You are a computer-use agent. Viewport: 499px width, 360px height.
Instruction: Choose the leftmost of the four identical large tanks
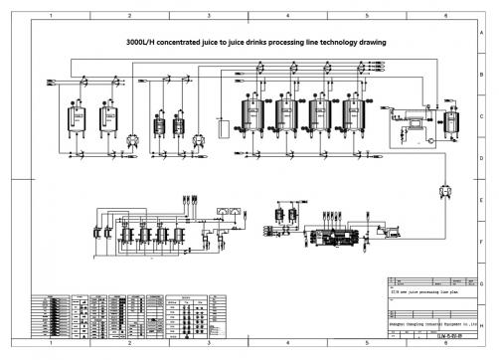pos(250,115)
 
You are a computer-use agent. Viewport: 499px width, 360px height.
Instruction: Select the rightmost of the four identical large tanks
pos(352,115)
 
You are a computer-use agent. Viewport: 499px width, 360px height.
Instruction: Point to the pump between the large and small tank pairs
pos(132,138)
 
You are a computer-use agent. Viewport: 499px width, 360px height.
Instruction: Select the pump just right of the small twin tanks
pos(198,138)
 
